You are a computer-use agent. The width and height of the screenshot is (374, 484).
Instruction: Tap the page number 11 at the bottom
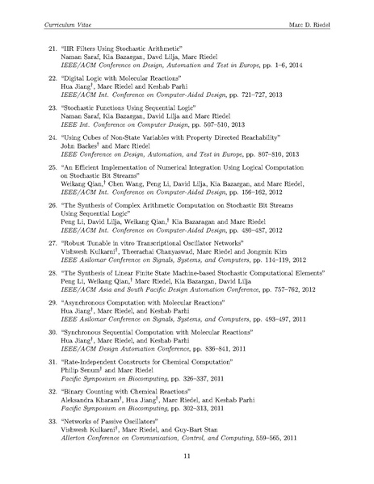pyautogui.click(x=187, y=457)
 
